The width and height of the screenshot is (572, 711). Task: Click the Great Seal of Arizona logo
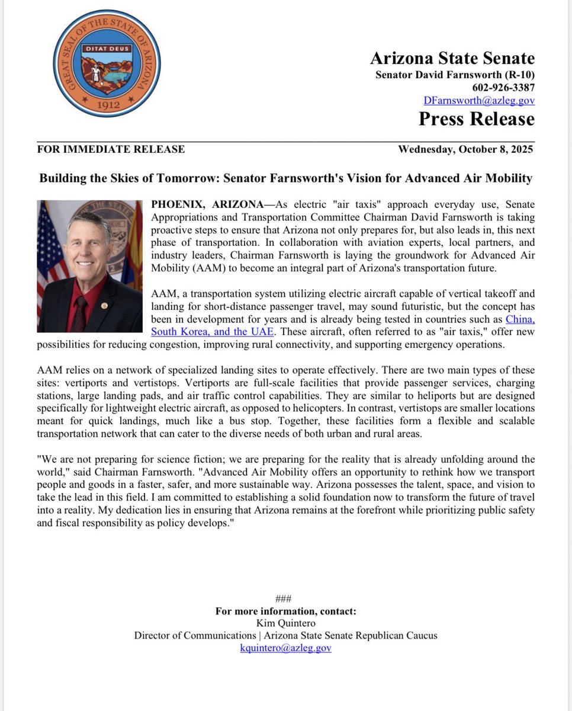pyautogui.click(x=107, y=63)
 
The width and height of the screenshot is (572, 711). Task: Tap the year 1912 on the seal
pyautogui.click(x=107, y=103)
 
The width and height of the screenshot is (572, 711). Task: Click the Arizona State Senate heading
pyautogui.click(x=452, y=58)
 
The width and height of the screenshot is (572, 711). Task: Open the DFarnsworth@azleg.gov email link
pyautogui.click(x=479, y=101)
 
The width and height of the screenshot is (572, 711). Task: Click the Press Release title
pyautogui.click(x=477, y=119)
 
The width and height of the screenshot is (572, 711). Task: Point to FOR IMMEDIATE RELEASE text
pyautogui.click(x=111, y=149)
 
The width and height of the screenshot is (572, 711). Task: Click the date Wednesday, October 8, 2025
pyautogui.click(x=465, y=149)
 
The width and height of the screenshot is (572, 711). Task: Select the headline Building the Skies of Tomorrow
pyautogui.click(x=286, y=178)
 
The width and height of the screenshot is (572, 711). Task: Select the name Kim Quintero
pyautogui.click(x=285, y=623)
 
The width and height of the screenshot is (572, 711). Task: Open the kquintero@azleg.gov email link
pyautogui.click(x=285, y=648)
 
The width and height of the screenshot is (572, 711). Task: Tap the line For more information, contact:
pyautogui.click(x=285, y=611)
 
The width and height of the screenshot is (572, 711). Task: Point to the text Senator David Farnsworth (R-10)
pyautogui.click(x=455, y=75)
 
